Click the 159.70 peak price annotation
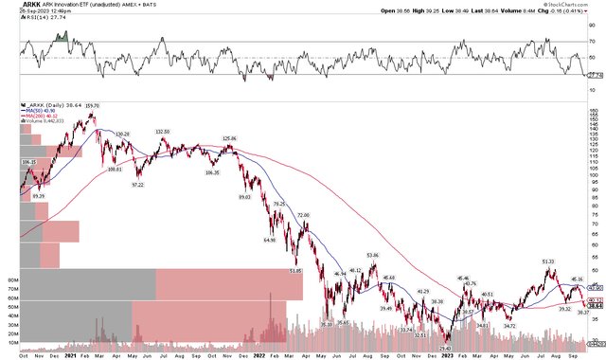click(92, 104)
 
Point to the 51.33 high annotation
click(548, 261)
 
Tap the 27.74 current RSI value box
click(594, 74)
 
